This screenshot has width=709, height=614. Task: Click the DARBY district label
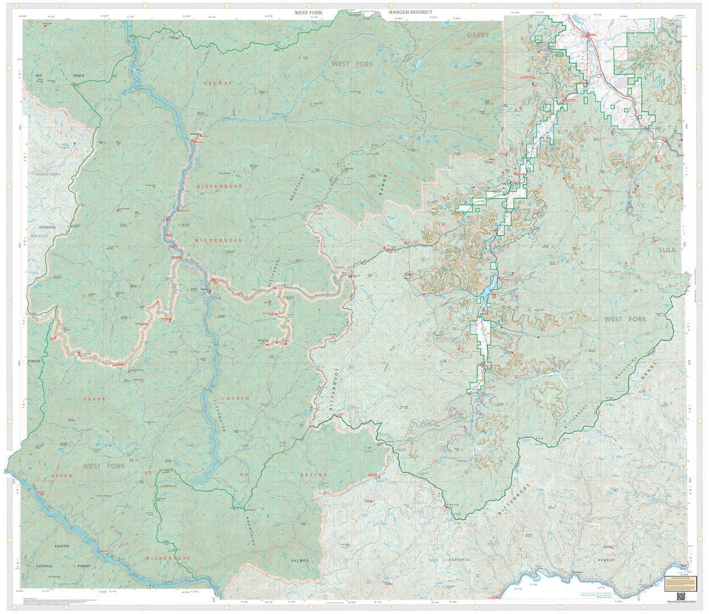(478, 35)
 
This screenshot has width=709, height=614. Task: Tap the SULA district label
(667, 250)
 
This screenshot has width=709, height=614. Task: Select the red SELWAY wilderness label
(219, 83)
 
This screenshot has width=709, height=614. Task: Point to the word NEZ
(39, 76)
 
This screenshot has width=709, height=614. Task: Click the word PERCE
(79, 76)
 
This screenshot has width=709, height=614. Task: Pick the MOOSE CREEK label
(47, 174)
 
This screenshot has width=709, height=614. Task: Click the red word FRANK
(95, 399)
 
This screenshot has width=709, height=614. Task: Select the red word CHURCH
(235, 398)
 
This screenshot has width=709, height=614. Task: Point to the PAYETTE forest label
(62, 546)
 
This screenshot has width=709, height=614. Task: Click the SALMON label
(300, 561)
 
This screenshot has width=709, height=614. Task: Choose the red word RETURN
(315, 474)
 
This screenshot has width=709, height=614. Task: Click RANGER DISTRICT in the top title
(411, 12)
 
